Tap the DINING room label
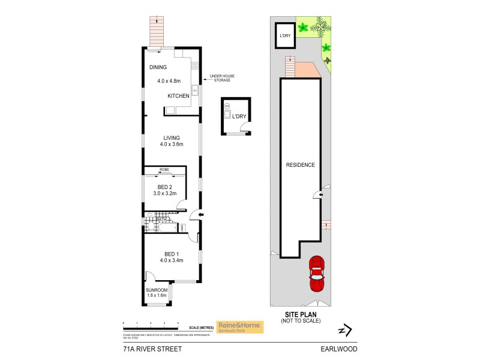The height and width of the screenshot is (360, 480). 158,67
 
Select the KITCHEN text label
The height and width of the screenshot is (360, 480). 179,96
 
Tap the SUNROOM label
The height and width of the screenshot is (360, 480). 157,290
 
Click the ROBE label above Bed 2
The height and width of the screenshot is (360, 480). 164,170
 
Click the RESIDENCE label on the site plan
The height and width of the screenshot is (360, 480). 300,165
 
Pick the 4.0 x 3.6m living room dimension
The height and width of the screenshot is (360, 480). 170,144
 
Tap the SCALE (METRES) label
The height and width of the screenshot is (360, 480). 200,327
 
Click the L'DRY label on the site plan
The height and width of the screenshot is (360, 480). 284,36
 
